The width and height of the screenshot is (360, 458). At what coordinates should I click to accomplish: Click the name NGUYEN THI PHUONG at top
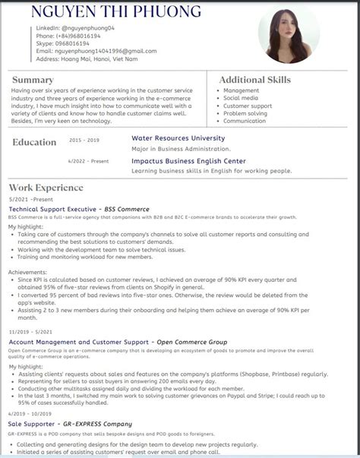[x=116, y=12]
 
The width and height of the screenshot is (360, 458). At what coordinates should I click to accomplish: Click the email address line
[x=96, y=51]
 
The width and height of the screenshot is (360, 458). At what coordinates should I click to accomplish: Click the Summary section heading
[x=33, y=80]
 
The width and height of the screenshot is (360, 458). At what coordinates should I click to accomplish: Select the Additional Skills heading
[x=254, y=80]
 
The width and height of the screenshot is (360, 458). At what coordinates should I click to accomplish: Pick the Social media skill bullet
[x=240, y=98]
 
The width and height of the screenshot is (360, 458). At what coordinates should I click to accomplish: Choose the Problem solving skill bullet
[x=246, y=113]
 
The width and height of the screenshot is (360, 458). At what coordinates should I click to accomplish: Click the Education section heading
[x=34, y=142]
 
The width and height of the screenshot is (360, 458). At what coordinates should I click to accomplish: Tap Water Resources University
[x=178, y=138]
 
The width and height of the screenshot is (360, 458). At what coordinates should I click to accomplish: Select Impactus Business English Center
[x=188, y=161]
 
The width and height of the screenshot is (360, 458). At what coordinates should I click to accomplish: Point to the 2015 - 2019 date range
[x=84, y=141]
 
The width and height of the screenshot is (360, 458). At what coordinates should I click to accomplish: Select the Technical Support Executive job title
[x=53, y=209]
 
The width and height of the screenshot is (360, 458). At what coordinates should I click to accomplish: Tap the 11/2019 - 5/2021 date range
[x=30, y=332]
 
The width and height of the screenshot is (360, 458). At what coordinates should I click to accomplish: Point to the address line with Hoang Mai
[x=87, y=58]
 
